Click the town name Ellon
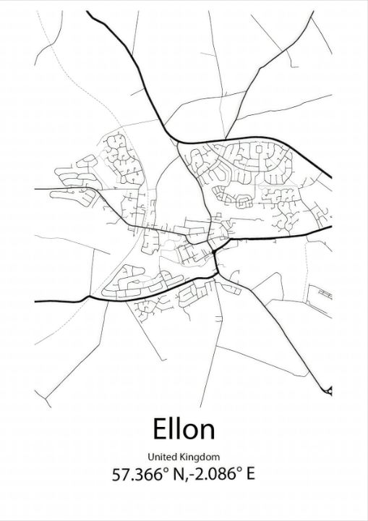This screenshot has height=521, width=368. pyautogui.click(x=184, y=429)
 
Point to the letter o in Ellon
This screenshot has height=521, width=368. pyautogui.click(x=191, y=432)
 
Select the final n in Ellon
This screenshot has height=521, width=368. pyautogui.click(x=207, y=432)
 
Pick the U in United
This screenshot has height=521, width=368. pyautogui.click(x=150, y=457)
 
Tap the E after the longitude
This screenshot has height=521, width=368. pyautogui.click(x=250, y=475)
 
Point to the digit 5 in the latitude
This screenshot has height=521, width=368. pyautogui.click(x=116, y=475)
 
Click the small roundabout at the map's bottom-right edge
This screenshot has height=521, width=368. pyautogui.click(x=329, y=390)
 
